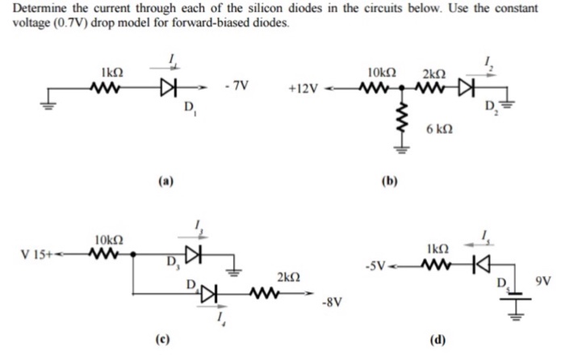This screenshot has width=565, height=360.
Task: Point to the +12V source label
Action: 303,86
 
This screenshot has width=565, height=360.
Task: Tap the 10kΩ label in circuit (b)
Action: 380,72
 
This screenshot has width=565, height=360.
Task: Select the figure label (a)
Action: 165,182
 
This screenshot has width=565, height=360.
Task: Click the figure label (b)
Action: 391,182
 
